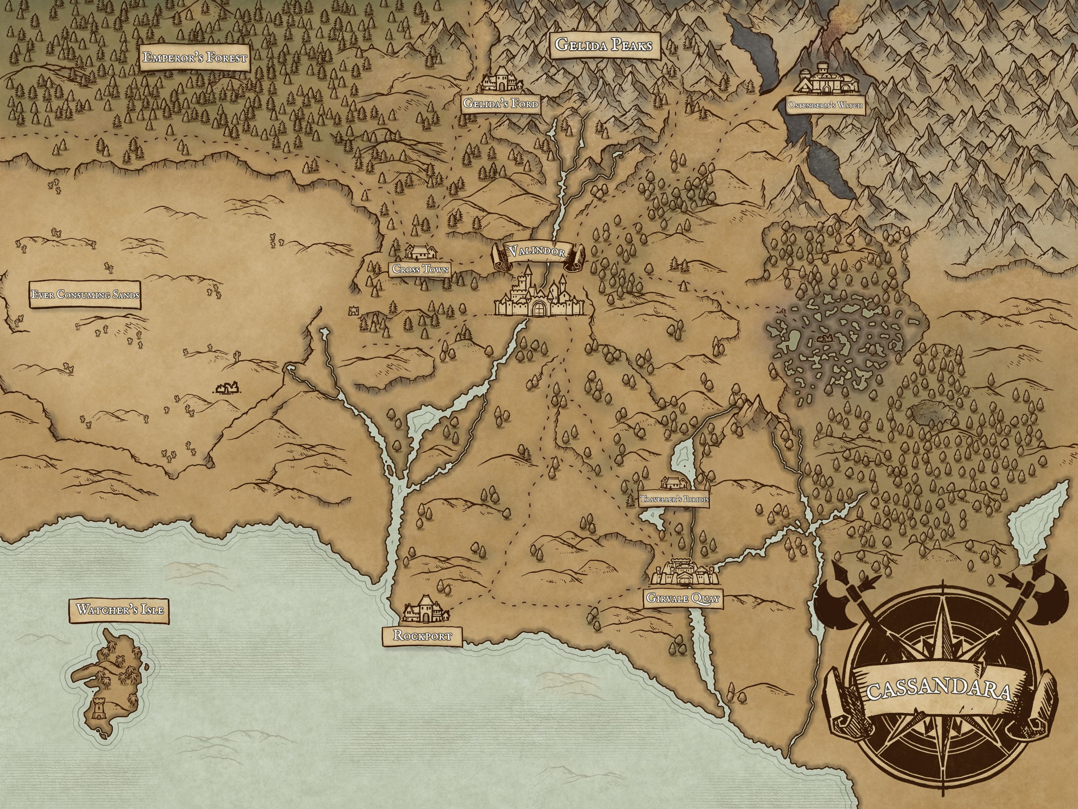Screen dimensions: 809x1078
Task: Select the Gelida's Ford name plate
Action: pyautogui.click(x=501, y=104)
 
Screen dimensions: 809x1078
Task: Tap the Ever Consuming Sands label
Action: pyautogui.click(x=85, y=295)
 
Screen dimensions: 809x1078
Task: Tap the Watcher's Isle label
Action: pyautogui.click(x=119, y=610)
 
